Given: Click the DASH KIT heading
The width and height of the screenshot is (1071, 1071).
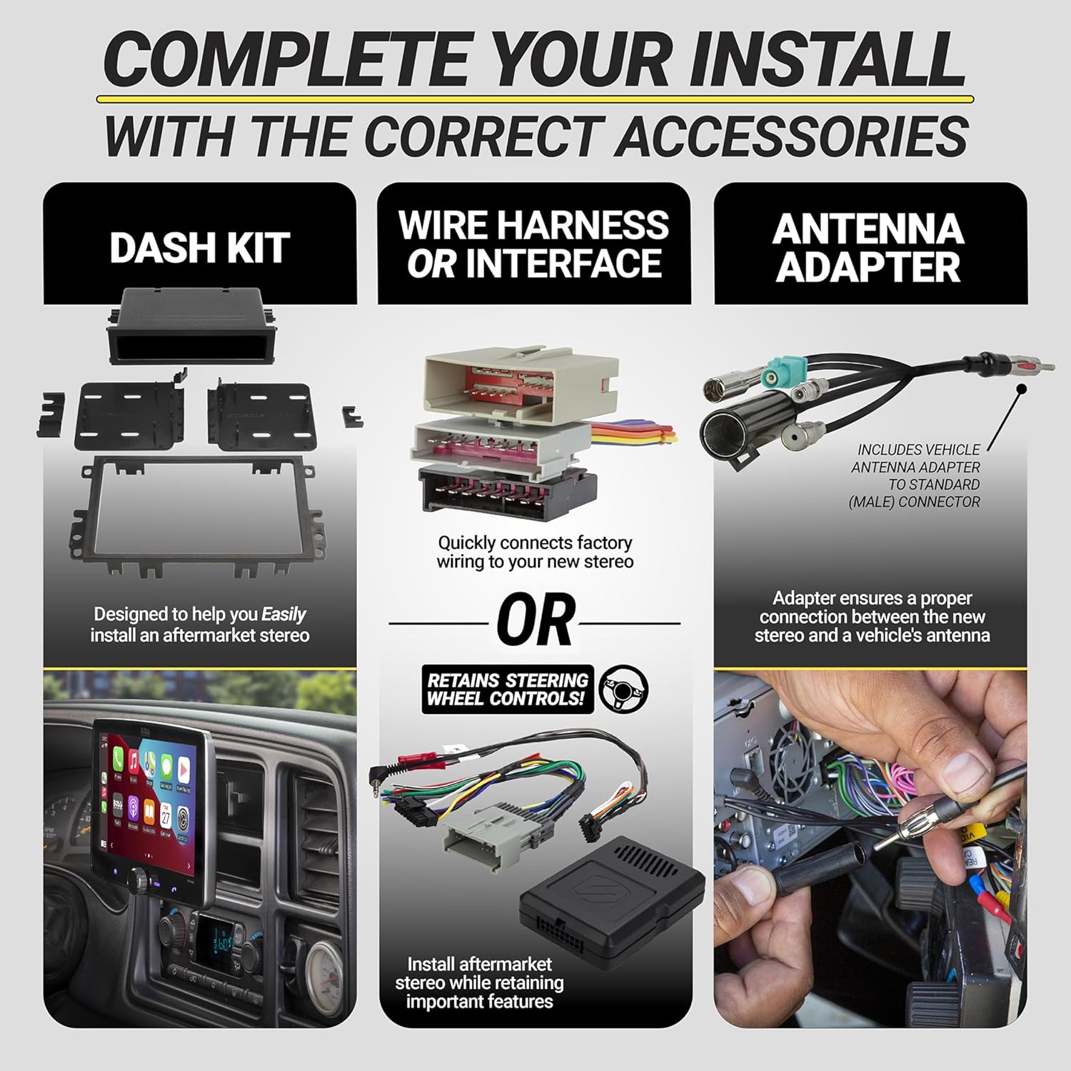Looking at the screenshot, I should coord(199,248).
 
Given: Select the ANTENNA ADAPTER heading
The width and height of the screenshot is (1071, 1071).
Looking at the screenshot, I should coord(869,248).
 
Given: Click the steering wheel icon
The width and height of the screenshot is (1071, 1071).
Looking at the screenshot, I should coord(623,688).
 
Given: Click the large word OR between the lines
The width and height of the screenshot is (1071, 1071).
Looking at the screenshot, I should coord(535,620).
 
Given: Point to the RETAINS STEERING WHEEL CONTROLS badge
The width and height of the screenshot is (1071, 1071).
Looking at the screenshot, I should coord(508,689).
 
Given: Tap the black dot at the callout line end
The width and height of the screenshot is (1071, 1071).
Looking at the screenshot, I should coord(1021,390).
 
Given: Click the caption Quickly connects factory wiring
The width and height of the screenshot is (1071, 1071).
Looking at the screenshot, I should coord(535,552).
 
